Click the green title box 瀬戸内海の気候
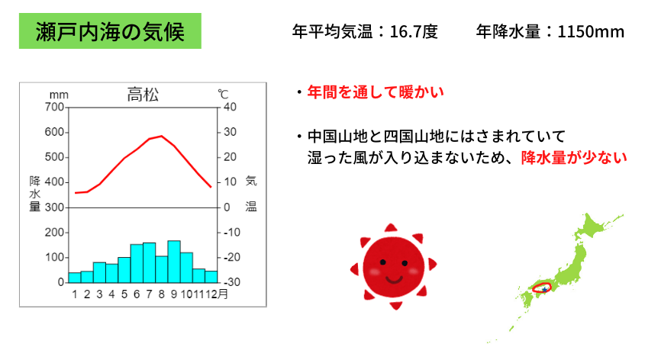[110, 31]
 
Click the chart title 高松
[143, 95]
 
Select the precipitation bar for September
[174, 262]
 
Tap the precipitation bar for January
[75, 278]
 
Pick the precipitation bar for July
[150, 262]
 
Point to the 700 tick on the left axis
[54, 107]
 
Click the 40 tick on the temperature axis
[230, 107]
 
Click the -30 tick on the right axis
[231, 282]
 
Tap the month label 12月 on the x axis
[217, 294]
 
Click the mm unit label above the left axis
[59, 95]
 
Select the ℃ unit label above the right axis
[223, 94]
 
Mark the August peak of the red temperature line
[162, 136]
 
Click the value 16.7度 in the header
[414, 31]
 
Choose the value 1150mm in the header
[591, 31]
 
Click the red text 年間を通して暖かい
[376, 92]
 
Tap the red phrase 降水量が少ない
[574, 157]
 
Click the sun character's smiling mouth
[394, 279]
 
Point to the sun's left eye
[382, 262]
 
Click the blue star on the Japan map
[545, 290]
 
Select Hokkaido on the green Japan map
[595, 226]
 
